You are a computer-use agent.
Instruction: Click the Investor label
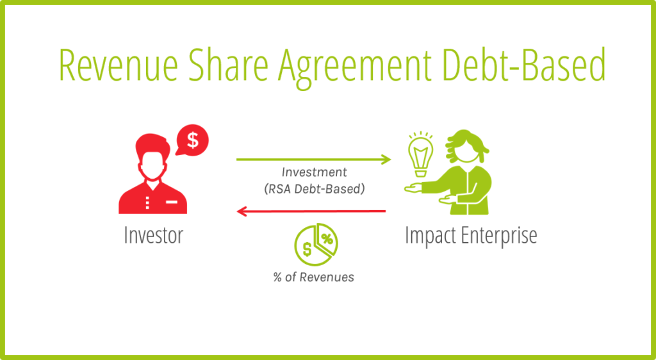[154, 235]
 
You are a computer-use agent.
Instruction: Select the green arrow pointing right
[314, 160]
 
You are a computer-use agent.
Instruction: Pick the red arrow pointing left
[311, 211]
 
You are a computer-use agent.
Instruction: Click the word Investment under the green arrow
[314, 172]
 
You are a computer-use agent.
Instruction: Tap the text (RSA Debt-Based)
[315, 189]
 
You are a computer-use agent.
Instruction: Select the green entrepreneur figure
[454, 172]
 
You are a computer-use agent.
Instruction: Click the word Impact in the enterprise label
[429, 236]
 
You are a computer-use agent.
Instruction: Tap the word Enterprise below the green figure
[498, 236]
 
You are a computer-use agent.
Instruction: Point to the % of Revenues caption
[314, 277]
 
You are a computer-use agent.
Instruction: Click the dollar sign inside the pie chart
[307, 250]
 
